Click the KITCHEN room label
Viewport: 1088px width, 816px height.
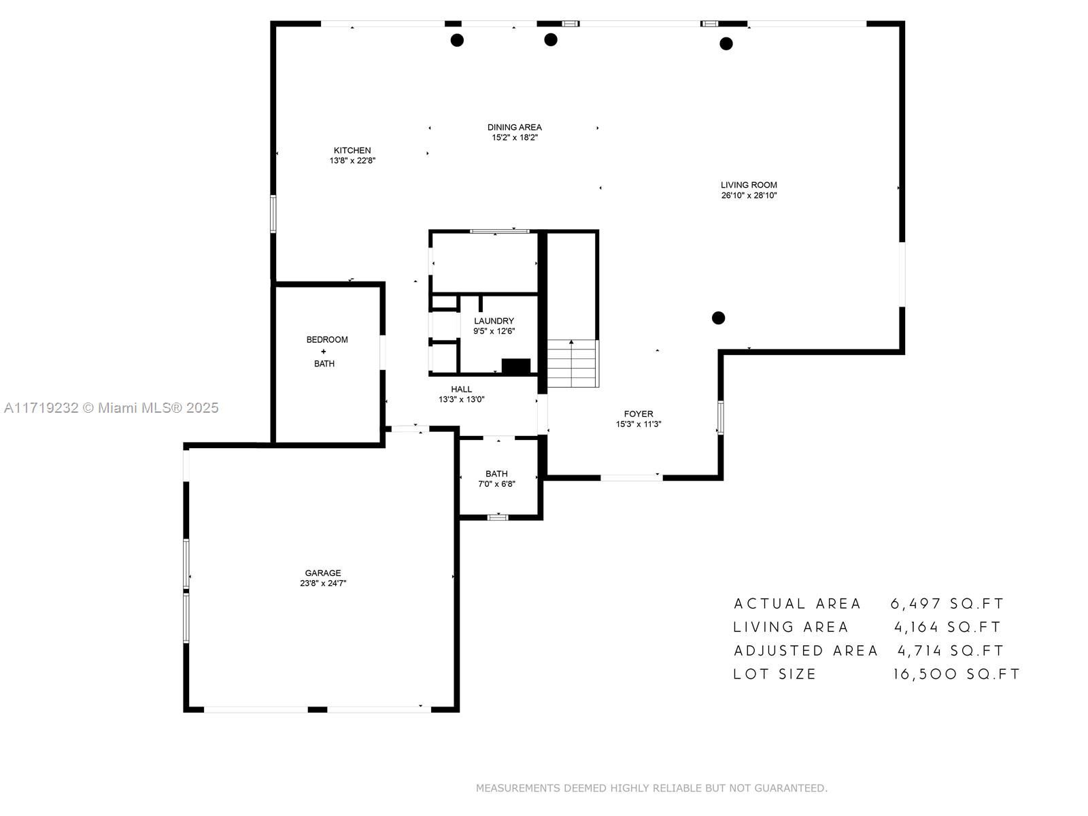352,150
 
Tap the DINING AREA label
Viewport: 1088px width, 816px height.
515,127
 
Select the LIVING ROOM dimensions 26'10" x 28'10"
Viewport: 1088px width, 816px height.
749,196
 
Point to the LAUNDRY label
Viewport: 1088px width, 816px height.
494,321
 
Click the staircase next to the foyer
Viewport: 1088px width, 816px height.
573,364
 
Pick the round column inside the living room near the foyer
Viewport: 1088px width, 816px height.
718,318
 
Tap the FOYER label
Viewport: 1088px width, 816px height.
639,413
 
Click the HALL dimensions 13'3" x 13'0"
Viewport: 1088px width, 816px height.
461,400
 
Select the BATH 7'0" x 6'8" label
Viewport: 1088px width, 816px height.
496,479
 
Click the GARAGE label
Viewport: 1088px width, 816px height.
323,573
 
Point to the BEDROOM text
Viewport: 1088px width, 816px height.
327,339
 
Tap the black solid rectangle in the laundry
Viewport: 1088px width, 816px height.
515,366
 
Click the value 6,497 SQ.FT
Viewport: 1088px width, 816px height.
947,604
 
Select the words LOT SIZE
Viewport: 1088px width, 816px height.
775,675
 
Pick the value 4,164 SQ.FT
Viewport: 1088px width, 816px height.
947,627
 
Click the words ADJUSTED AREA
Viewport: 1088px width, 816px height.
806,651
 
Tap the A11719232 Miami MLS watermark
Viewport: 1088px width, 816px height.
111,408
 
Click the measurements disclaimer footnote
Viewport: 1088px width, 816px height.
651,788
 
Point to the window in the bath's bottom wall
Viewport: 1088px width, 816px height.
498,517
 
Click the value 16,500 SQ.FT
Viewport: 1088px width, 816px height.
956,675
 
